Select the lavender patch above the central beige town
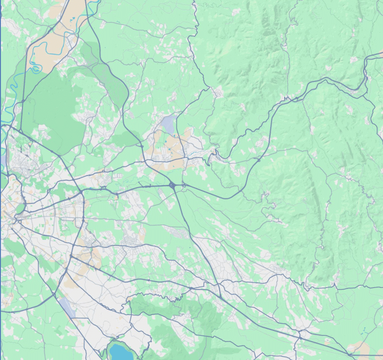pos(169,124)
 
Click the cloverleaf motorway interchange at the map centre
pos(173,185)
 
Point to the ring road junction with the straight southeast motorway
pos(71,256)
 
